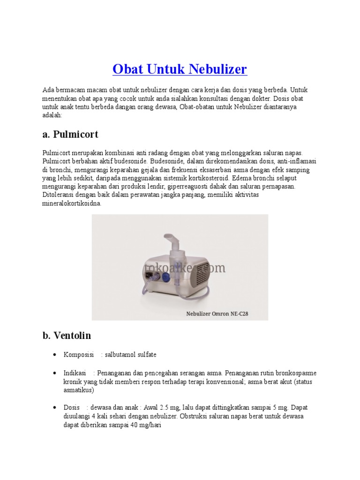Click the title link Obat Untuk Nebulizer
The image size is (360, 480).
180,69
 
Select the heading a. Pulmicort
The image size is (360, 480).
70,135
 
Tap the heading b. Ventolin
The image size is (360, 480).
67,336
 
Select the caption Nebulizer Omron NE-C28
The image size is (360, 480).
217,314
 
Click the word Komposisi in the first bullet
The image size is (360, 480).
79,354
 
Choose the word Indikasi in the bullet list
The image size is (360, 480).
75,373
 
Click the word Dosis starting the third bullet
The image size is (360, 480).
72,407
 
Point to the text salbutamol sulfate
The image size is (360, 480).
131,354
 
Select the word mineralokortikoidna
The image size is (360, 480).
71,204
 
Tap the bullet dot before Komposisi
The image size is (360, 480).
55,355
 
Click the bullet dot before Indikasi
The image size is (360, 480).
55,374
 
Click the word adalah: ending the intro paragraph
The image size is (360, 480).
52,115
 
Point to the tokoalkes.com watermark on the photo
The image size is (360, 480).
185,268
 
